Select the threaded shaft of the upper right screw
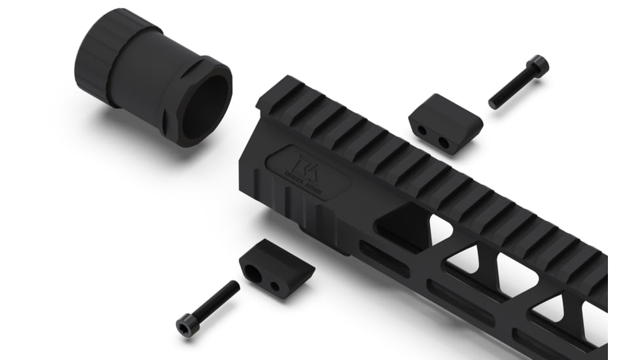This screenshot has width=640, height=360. point(510,90)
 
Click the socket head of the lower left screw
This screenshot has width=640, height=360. point(186,325)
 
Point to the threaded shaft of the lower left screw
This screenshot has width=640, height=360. point(217,300)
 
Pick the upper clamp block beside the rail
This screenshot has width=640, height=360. point(445,122)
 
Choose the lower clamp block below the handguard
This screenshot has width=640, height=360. point(276,267)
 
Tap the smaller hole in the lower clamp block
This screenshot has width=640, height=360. point(275,286)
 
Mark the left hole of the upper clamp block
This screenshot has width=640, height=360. point(423,131)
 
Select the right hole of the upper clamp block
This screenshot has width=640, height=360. point(444,142)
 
